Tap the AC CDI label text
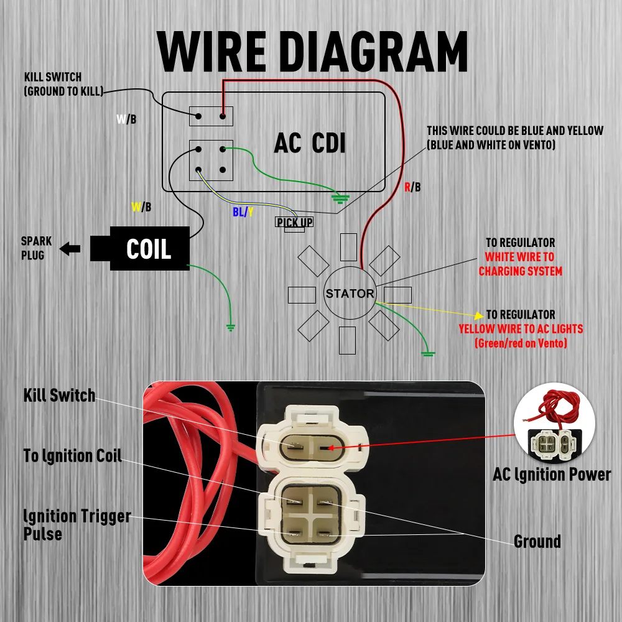coord(310,144)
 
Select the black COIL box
coord(149,249)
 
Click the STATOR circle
coord(350,294)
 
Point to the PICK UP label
coord(294,222)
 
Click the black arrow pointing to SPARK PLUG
coord(70,249)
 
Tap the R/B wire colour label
coord(412,187)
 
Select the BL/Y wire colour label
coord(243,212)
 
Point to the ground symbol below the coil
coord(231,326)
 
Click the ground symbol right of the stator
coord(428,354)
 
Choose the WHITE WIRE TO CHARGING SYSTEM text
coord(520,264)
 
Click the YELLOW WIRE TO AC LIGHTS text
coord(521,329)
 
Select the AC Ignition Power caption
coord(552,475)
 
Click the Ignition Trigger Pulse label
coord(77,524)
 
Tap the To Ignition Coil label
coord(73,455)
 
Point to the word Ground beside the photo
coord(537,541)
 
